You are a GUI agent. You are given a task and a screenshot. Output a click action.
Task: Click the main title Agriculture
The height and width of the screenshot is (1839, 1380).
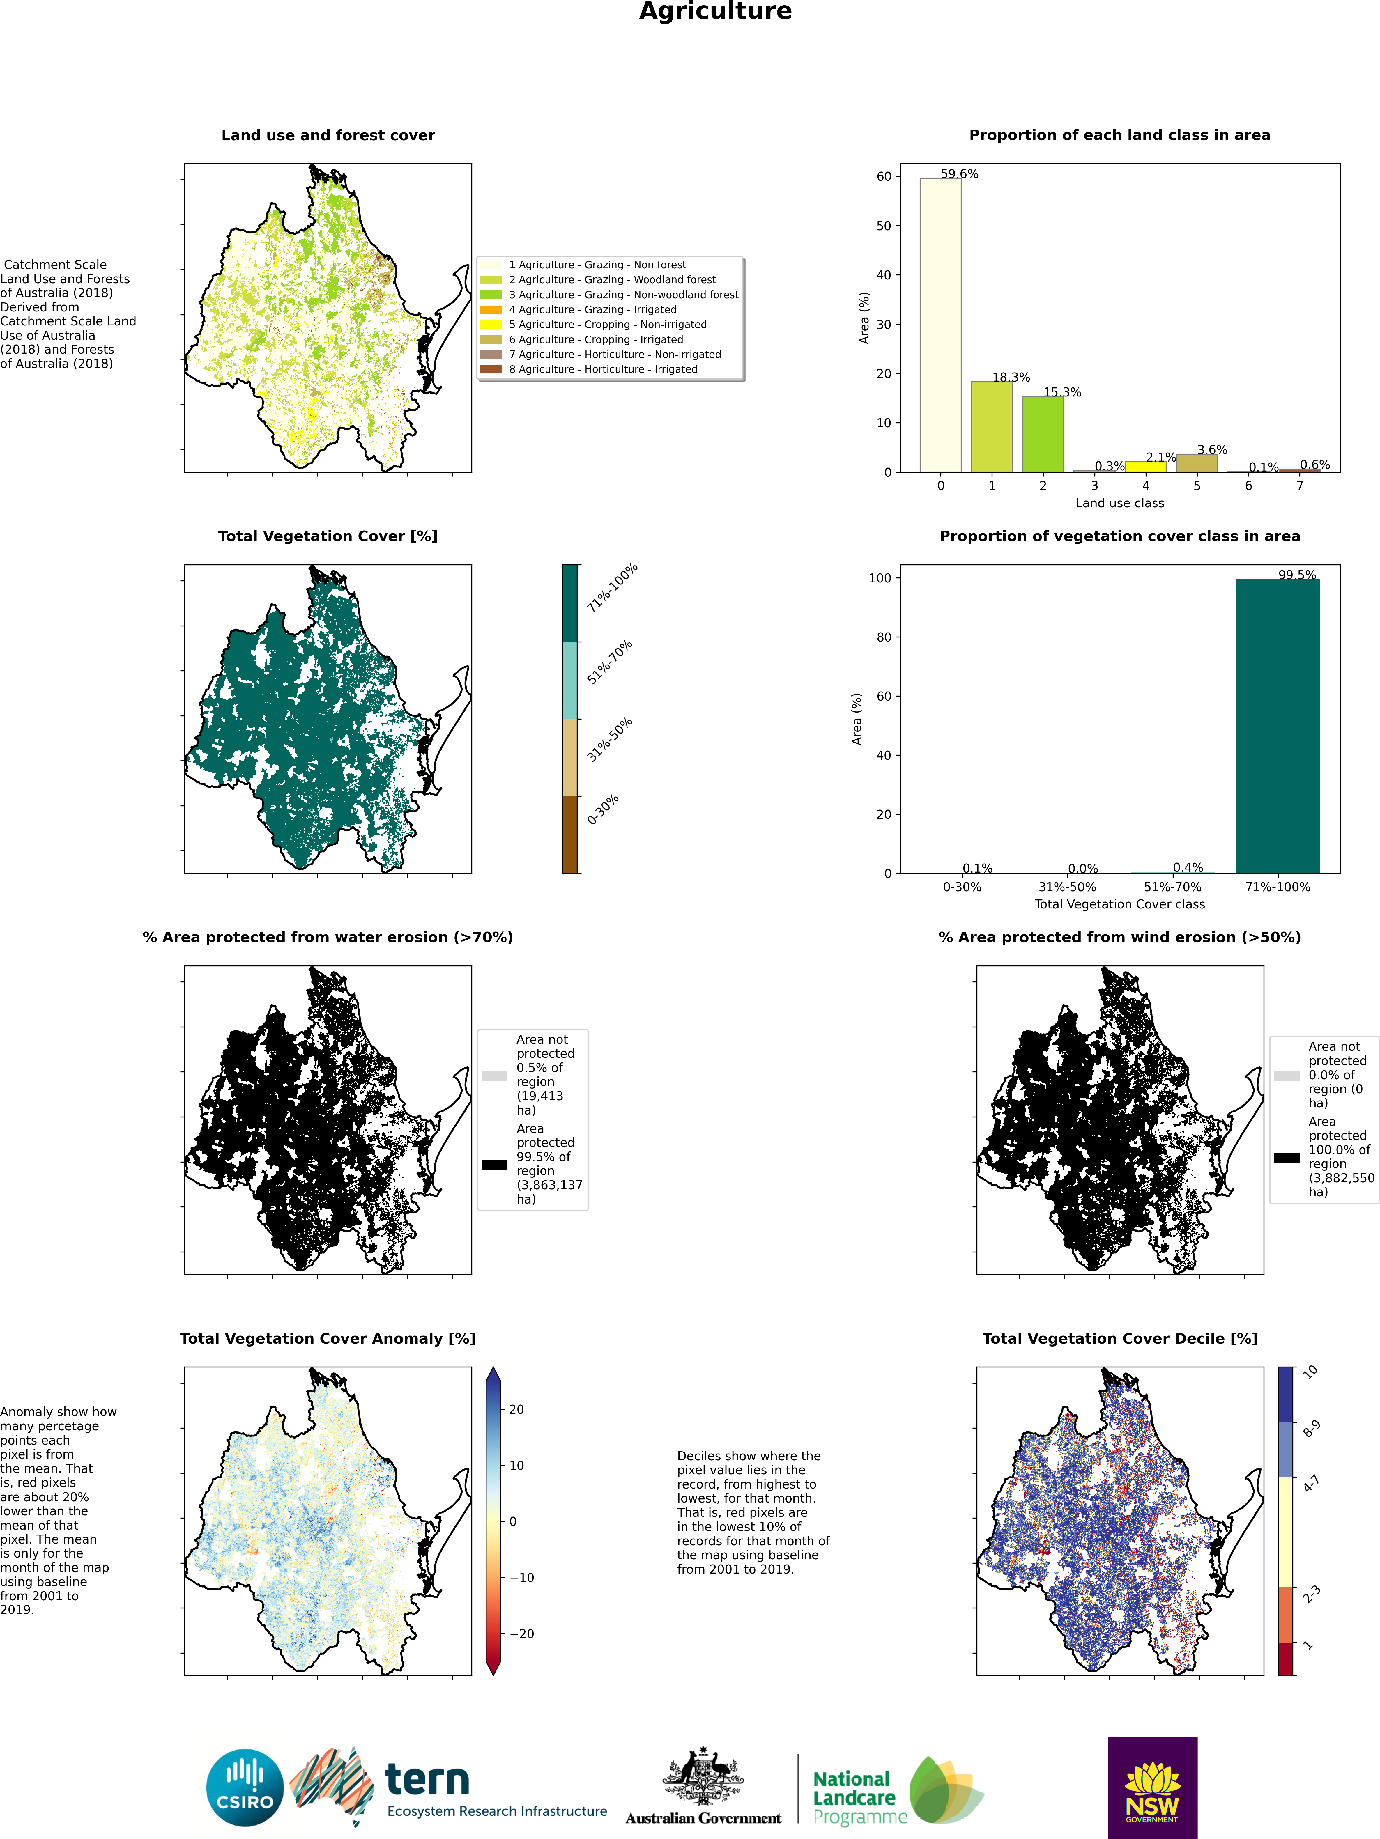point(715,12)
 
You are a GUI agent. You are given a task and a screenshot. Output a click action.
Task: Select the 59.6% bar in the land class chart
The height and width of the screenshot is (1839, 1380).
point(940,324)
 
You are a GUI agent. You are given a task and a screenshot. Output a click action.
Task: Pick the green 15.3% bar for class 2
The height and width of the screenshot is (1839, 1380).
point(1043,434)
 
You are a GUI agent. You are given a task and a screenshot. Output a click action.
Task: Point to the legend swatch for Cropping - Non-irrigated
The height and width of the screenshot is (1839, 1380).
point(491,324)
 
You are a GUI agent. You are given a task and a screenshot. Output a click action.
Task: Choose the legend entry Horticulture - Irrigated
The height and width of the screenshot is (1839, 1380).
point(603,369)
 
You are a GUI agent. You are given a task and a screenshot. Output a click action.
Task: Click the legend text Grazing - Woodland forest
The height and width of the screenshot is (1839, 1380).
point(612,279)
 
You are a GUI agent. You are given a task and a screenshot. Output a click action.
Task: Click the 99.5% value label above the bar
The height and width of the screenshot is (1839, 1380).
point(1297,575)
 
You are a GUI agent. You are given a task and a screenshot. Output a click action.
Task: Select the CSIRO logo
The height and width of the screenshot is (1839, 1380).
point(245,1787)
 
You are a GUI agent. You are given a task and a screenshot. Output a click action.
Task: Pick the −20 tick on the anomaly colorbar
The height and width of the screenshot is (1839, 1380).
point(521,1634)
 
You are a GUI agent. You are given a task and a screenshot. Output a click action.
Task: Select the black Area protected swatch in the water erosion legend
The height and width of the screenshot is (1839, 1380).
point(495,1165)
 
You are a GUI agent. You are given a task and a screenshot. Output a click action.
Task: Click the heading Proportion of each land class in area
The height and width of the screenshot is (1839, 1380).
point(1119,135)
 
